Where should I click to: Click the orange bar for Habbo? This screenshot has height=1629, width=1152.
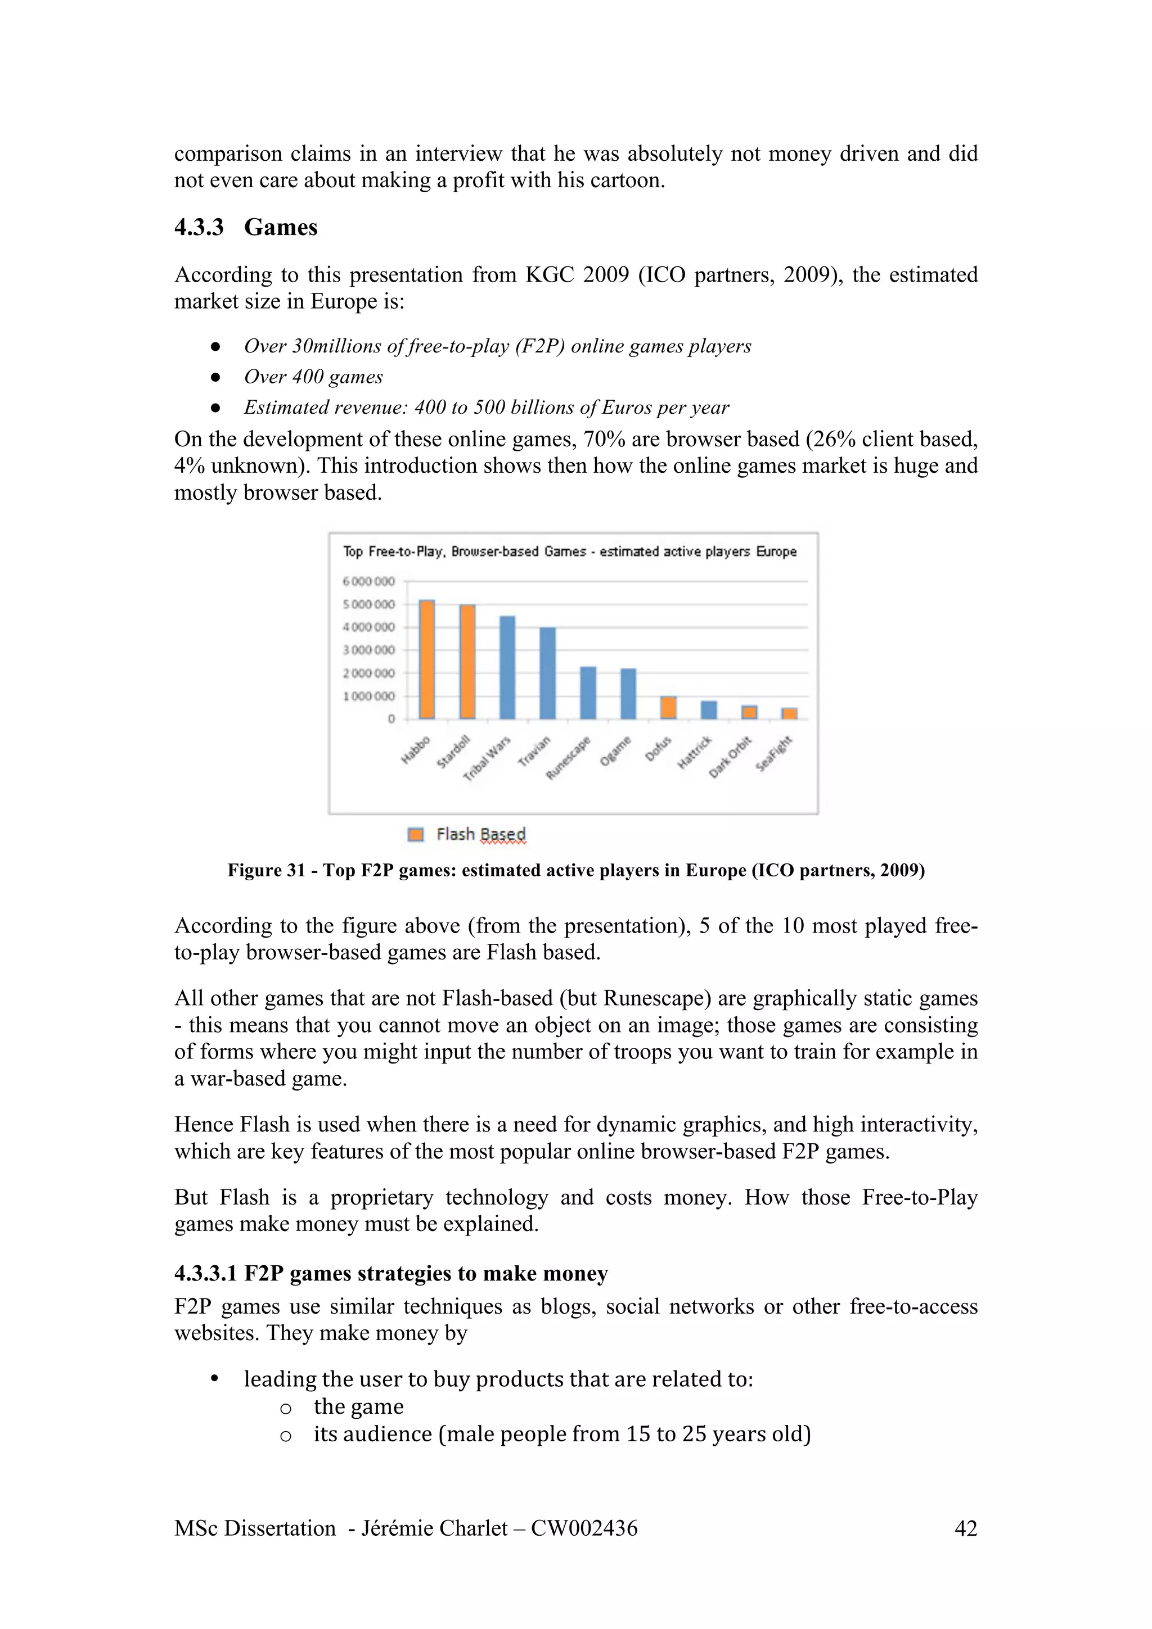pos(426,659)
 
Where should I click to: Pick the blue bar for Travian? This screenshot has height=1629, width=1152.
pos(547,673)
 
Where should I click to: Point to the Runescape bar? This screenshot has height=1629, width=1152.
pos(588,693)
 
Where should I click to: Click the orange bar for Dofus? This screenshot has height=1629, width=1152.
pos(668,707)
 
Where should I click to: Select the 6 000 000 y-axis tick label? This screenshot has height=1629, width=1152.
pos(368,581)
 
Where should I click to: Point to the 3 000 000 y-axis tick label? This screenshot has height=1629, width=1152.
pos(368,650)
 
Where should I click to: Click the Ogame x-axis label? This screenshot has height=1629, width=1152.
pos(615,750)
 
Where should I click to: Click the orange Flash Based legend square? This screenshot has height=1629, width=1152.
pos(416,834)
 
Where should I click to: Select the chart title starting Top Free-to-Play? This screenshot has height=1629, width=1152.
pos(569,551)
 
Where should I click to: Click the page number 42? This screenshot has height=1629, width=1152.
pos(965,1528)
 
